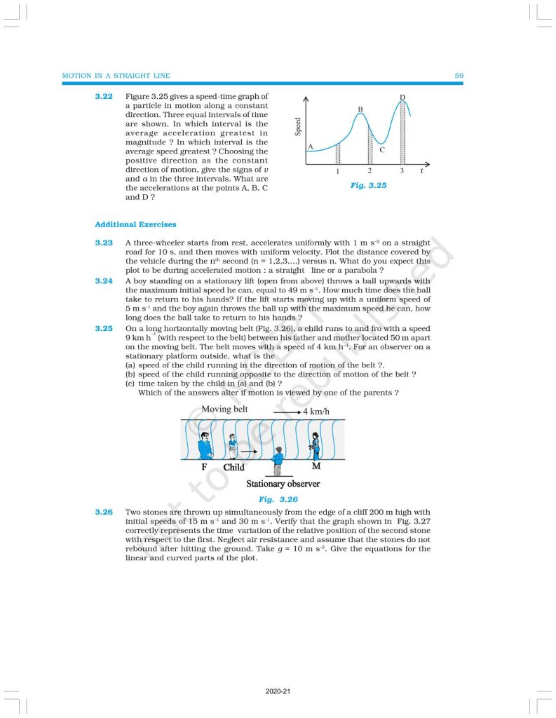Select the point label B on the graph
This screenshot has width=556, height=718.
[x=360, y=109]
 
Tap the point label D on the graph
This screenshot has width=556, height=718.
[x=402, y=97]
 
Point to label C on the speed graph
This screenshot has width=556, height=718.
[x=381, y=149]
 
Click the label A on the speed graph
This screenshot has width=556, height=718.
[x=310, y=146]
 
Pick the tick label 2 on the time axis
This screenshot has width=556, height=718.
[x=369, y=171]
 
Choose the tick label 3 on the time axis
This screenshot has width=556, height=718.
[x=402, y=171]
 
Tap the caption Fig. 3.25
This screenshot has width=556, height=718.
[x=368, y=186]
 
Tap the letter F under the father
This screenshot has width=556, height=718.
[x=205, y=467]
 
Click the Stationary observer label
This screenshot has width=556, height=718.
[x=283, y=484]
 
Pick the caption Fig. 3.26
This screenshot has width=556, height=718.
[x=278, y=499]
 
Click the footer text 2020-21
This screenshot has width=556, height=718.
[x=278, y=692]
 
